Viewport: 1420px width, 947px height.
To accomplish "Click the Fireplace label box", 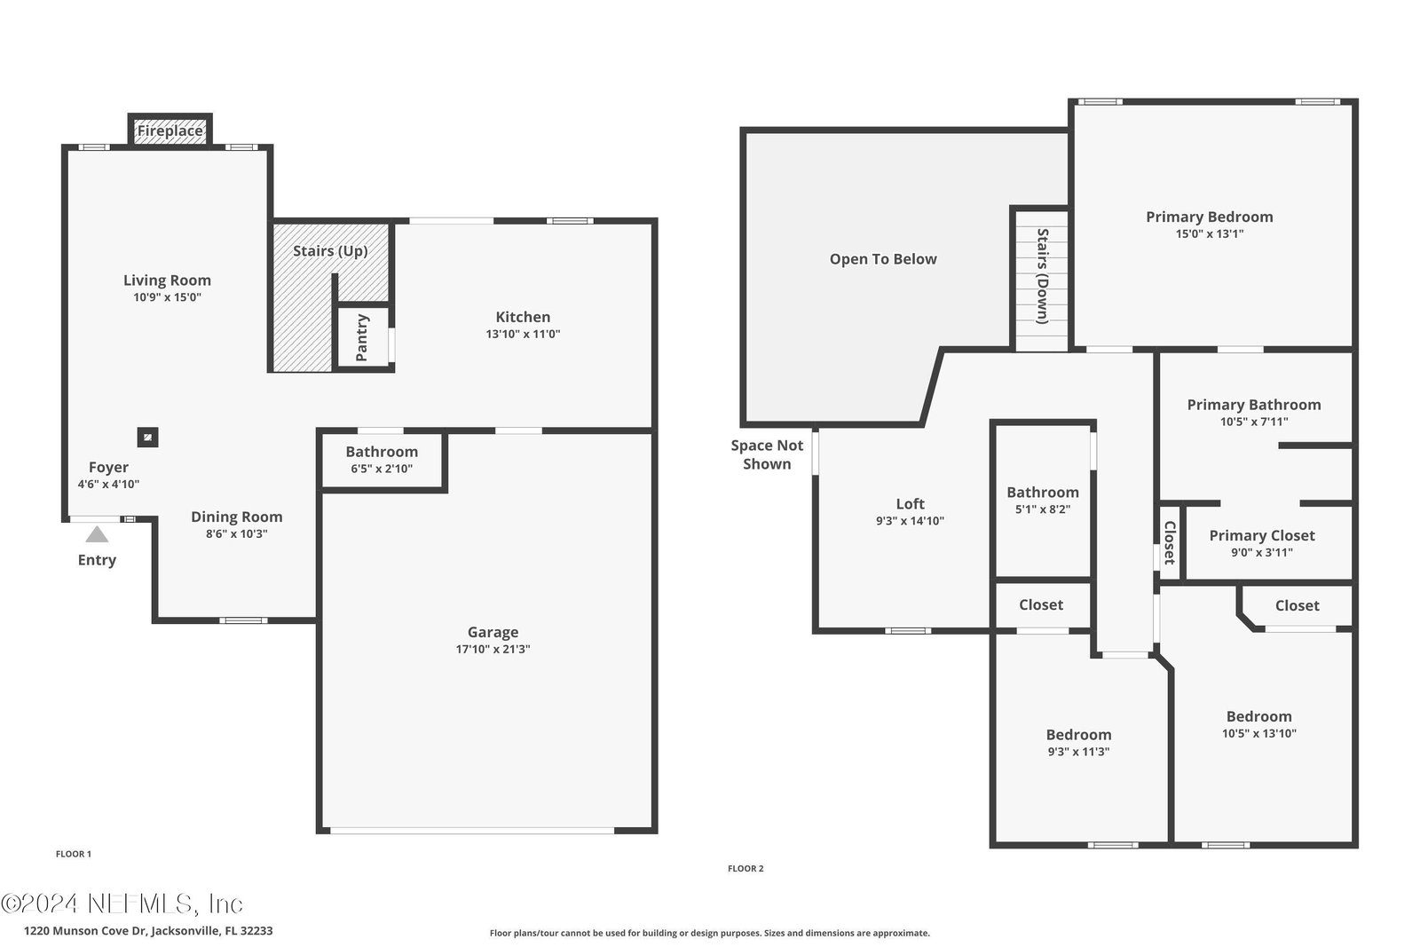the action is [x=170, y=130].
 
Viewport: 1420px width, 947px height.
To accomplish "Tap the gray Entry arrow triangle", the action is [x=97, y=534].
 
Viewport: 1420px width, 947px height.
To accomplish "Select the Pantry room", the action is [x=363, y=336].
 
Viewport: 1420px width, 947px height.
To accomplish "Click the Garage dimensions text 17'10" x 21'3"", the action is [x=493, y=649].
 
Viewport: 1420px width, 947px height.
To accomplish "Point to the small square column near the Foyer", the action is [x=147, y=438].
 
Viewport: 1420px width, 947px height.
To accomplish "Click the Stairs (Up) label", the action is [x=330, y=251].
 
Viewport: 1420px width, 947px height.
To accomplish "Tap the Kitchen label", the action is [x=523, y=317].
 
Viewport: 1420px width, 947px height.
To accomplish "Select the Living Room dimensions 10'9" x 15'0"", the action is [x=168, y=297].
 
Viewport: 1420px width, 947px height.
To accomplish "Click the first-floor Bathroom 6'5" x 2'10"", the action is [x=382, y=460].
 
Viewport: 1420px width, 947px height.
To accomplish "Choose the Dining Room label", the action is [x=236, y=517].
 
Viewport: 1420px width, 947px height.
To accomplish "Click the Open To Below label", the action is [x=883, y=259].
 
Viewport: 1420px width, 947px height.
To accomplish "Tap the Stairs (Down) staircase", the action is [x=1042, y=279].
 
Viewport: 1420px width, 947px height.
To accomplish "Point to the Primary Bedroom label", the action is [x=1210, y=217].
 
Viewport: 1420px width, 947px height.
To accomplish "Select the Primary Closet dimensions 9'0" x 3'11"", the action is [x=1261, y=553].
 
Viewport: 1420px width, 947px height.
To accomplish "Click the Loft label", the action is [x=911, y=504].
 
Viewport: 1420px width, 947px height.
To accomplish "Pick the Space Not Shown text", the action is [x=767, y=454].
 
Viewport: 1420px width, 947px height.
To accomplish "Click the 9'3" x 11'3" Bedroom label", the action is [x=1078, y=735].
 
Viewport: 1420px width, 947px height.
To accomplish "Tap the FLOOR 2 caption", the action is [x=745, y=868].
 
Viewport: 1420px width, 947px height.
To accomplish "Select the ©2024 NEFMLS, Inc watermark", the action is [x=122, y=904].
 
